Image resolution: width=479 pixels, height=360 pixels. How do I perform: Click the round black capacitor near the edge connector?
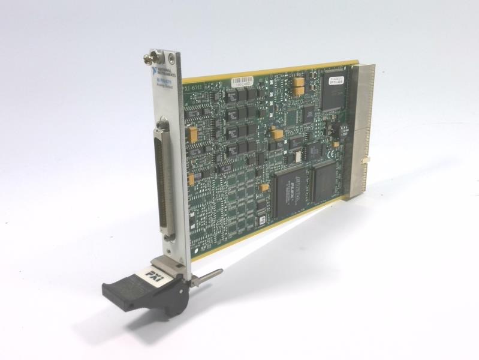(329, 129)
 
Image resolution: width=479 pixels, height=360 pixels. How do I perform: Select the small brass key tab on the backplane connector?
(366, 160)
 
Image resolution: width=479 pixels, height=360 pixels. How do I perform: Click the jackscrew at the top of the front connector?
(160, 125)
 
